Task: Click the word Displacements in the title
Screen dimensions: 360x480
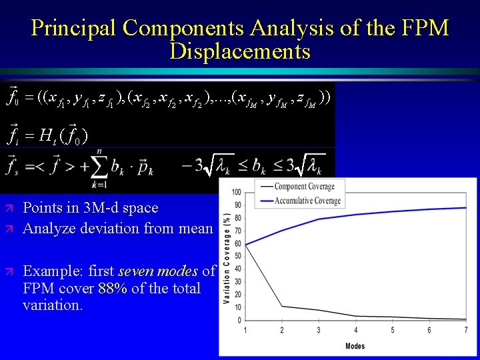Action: point(240,51)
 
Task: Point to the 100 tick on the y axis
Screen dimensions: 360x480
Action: point(236,193)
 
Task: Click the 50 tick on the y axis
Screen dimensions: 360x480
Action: point(237,257)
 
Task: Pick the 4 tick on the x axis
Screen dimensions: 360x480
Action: point(355,330)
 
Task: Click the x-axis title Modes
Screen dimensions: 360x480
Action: point(355,346)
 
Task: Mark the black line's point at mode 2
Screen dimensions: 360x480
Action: point(282,306)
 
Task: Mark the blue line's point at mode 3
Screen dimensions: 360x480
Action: point(319,219)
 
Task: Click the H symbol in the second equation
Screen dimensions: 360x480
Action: point(45,137)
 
